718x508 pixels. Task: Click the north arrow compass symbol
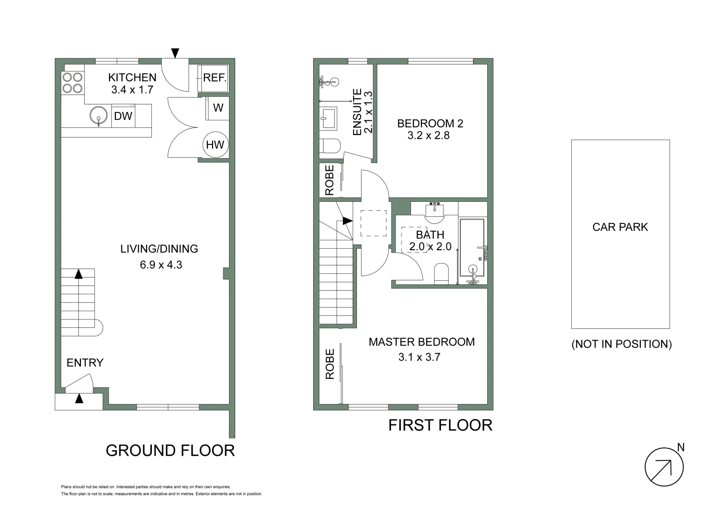click(x=663, y=467)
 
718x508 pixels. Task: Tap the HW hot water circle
click(x=215, y=144)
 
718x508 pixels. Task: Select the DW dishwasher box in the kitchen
click(x=123, y=116)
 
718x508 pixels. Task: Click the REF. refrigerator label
click(x=215, y=78)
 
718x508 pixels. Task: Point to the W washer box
click(x=218, y=108)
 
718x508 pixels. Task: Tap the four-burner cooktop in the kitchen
click(x=72, y=83)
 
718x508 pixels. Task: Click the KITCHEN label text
click(x=132, y=78)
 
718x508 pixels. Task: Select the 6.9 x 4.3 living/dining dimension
click(x=161, y=265)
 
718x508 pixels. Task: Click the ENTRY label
click(x=85, y=363)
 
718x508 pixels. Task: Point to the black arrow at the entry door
click(x=79, y=399)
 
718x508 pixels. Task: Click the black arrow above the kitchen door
click(x=175, y=53)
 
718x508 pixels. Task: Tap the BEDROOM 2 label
click(x=430, y=124)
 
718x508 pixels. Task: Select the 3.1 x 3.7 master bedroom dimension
click(x=419, y=357)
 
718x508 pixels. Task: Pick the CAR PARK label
click(x=620, y=227)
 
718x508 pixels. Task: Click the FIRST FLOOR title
click(x=440, y=425)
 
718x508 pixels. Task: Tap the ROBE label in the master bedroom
click(x=330, y=364)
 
